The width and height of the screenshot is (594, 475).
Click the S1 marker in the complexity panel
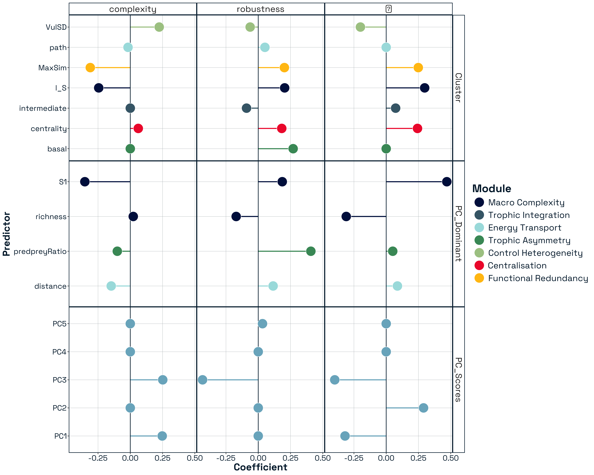pos(85,182)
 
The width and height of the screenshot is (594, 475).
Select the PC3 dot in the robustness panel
pos(203,380)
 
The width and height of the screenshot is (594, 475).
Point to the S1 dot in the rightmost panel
pos(447,182)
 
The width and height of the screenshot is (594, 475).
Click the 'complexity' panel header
pos(133,9)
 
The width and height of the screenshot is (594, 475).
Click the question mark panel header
pos(388,9)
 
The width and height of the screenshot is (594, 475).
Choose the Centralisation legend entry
pos(517,265)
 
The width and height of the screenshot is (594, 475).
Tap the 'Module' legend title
pos(491,189)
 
